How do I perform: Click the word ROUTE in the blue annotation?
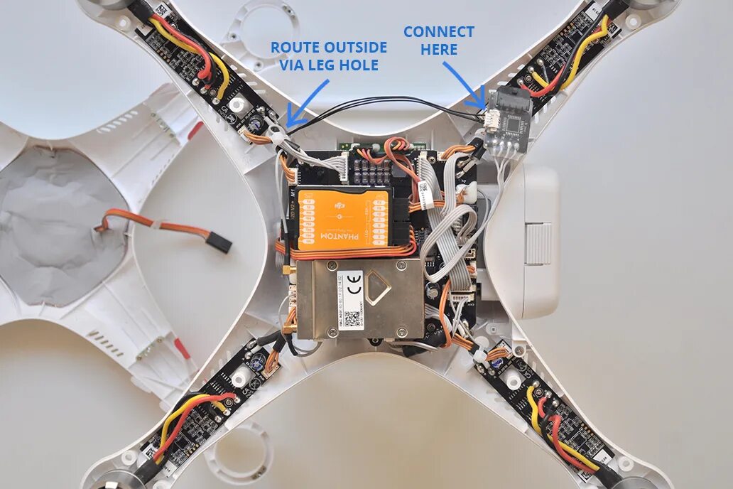pyautogui.click(x=295, y=48)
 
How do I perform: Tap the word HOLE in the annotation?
pyautogui.click(x=359, y=66)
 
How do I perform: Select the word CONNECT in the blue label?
pyautogui.click(x=438, y=32)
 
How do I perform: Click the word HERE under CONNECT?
pyautogui.click(x=438, y=50)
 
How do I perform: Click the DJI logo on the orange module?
pyautogui.click(x=343, y=206)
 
